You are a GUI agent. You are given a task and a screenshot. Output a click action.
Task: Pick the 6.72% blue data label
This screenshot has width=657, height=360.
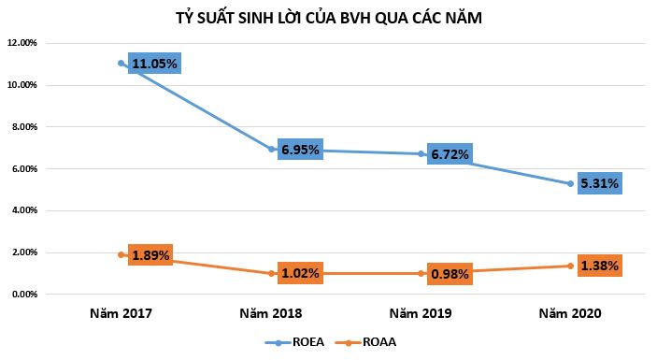click(450, 154)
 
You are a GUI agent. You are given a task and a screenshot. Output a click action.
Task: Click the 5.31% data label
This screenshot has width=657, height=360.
click(598, 183)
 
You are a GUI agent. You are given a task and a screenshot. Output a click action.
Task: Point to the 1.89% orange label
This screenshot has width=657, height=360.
click(150, 255)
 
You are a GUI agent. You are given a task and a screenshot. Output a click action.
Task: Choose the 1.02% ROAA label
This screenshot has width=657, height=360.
click(299, 274)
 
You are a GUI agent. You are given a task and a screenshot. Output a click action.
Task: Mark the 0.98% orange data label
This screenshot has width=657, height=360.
click(449, 274)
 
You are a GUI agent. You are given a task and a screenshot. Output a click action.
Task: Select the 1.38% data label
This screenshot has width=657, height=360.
click(598, 266)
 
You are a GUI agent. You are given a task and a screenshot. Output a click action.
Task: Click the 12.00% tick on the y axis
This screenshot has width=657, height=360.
click(22, 43)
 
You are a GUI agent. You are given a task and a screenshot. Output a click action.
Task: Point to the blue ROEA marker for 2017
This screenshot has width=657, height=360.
click(121, 63)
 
